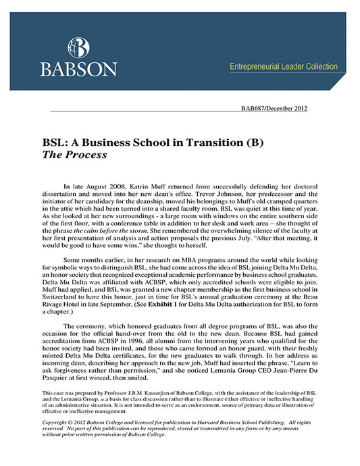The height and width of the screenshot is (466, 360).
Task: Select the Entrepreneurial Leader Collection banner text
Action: click(x=284, y=66)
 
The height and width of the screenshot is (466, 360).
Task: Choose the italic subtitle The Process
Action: click(x=74, y=155)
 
